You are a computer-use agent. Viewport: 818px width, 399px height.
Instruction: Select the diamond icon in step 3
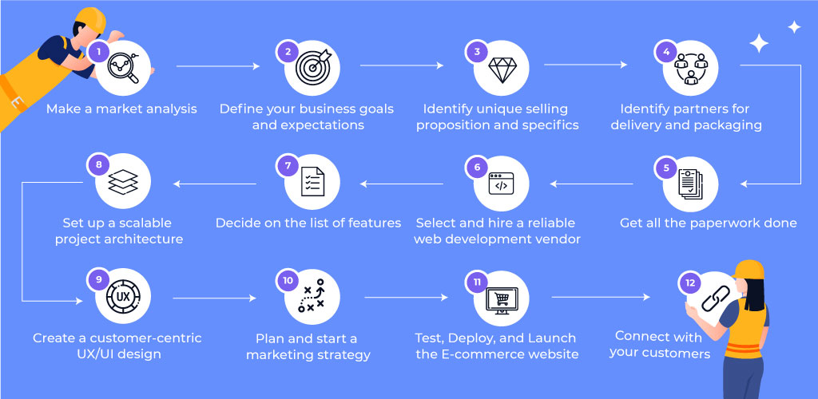[502, 69]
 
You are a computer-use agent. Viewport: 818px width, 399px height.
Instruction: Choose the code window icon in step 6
[502, 184]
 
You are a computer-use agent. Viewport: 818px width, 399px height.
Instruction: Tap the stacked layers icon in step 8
[123, 182]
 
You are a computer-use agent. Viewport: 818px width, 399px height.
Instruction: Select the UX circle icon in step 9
[123, 298]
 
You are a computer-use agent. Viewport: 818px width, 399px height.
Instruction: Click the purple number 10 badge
[287, 281]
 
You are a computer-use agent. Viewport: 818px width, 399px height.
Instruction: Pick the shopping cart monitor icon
[502, 301]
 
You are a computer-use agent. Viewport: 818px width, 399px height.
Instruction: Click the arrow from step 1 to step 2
[218, 66]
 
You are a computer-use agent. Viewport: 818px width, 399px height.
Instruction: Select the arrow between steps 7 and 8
[215, 184]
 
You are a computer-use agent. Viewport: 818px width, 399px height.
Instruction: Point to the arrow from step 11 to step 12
[601, 297]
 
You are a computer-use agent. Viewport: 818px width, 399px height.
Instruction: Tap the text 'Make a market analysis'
[121, 109]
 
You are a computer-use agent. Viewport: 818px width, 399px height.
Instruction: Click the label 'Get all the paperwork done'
[709, 223]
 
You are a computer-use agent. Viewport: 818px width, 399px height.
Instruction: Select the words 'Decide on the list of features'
[308, 223]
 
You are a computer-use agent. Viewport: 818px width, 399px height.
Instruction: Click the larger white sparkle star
[759, 43]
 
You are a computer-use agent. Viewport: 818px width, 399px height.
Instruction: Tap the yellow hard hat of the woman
[749, 269]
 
